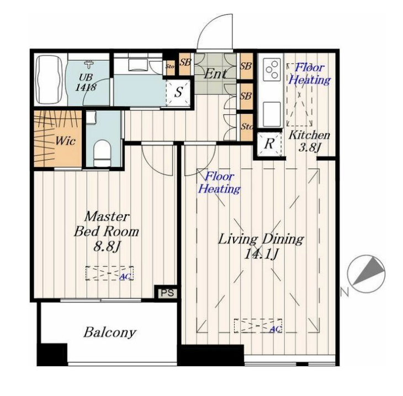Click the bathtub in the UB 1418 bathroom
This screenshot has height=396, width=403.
click(x=50, y=79)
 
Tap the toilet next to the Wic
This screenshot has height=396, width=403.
click(x=102, y=153)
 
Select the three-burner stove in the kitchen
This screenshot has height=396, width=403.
click(x=272, y=69)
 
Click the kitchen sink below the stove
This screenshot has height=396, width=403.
click(x=272, y=114)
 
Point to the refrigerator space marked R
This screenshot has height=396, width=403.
click(x=269, y=144)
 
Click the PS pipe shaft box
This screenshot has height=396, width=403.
click(x=167, y=292)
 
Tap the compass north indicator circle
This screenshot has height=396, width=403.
click(x=366, y=274)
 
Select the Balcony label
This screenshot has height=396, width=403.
click(x=109, y=333)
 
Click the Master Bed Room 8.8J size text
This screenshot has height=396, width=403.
click(x=107, y=247)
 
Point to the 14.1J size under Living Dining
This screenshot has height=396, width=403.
click(x=261, y=254)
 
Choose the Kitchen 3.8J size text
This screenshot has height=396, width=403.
click(x=310, y=148)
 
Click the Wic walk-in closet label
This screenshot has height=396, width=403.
click(x=65, y=141)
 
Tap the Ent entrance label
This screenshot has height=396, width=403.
click(x=215, y=74)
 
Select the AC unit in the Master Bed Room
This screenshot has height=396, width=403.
click(x=109, y=273)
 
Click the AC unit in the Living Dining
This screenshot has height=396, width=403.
click(x=258, y=325)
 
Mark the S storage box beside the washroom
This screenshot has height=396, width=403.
click(x=178, y=93)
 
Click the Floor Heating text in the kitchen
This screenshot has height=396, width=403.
click(x=309, y=74)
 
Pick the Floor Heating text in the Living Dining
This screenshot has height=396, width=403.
click(x=219, y=183)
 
